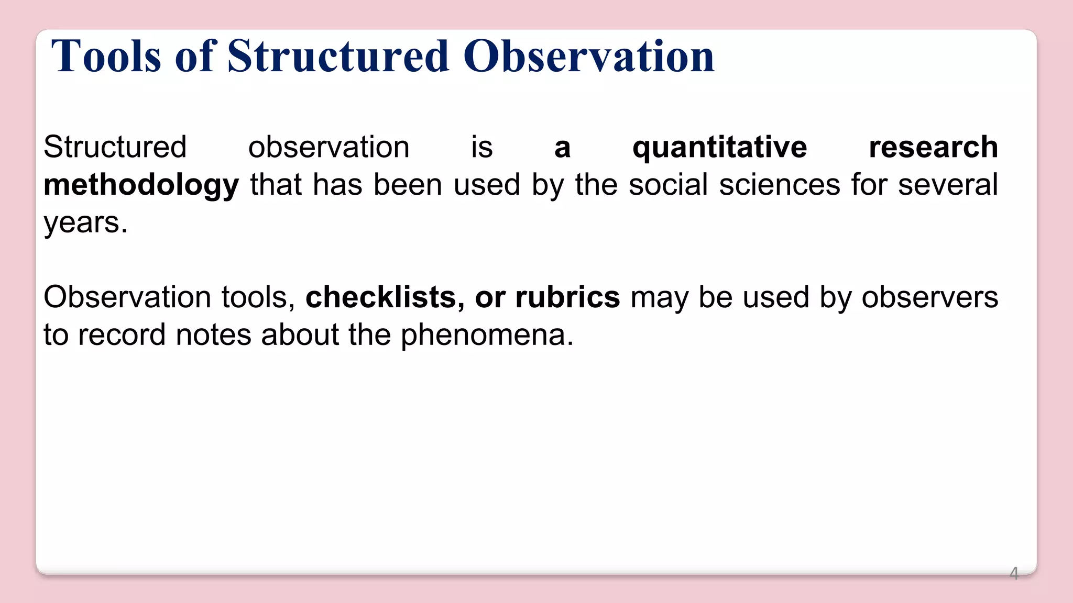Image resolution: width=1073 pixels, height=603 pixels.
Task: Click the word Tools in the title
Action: click(x=106, y=56)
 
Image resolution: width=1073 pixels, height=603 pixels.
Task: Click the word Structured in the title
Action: click(x=338, y=56)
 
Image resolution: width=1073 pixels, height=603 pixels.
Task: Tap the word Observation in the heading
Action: click(x=588, y=56)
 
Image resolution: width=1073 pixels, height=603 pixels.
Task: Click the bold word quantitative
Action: click(x=719, y=147)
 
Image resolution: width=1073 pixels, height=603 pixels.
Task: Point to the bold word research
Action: click(x=933, y=147)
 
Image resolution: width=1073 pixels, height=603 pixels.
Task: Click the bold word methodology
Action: click(x=141, y=185)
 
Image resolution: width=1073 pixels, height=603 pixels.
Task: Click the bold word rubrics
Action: click(x=567, y=297)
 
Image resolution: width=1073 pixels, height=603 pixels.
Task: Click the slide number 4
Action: click(x=1014, y=574)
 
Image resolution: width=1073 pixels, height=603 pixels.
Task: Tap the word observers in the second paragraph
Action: click(x=929, y=297)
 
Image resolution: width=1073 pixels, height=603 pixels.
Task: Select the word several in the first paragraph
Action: click(x=948, y=185)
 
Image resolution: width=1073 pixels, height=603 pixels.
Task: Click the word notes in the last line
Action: click(x=213, y=335)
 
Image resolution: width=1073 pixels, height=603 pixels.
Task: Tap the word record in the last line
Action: click(x=122, y=335)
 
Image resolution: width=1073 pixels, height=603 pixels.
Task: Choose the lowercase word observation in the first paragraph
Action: click(x=329, y=147)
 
